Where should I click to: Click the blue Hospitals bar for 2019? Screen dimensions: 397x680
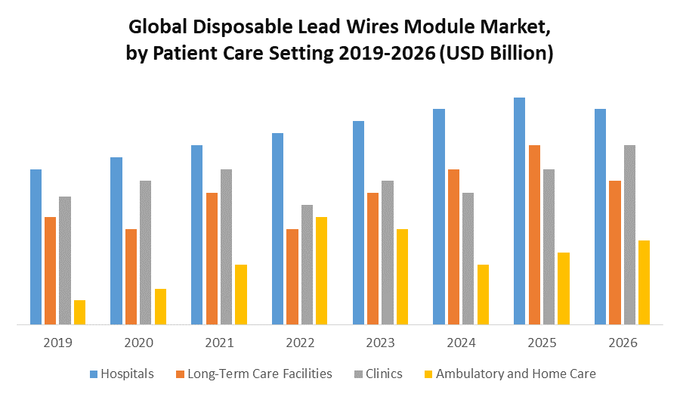tap(36, 247)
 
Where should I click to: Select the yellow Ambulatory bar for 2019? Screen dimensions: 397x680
tap(79, 312)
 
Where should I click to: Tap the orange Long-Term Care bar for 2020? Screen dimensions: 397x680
tap(131, 277)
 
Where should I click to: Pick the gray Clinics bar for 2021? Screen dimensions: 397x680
tap(226, 247)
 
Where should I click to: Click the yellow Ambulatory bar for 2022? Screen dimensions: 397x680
tap(321, 271)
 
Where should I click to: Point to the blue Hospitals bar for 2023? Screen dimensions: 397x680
tap(358, 223)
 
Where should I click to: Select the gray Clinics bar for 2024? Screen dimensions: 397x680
tap(468, 259)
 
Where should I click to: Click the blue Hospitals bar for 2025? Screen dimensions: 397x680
tap(519, 211)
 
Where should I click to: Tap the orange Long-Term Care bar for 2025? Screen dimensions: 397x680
tap(534, 235)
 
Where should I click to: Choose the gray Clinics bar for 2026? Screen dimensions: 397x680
tap(629, 235)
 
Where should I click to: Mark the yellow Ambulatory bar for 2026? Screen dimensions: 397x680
tap(644, 283)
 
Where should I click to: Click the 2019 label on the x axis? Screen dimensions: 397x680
tap(57, 343)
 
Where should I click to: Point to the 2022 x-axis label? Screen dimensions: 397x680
tap(300, 343)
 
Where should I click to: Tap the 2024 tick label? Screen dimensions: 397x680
tap(461, 343)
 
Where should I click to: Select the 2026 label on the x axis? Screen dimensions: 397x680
tap(622, 343)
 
